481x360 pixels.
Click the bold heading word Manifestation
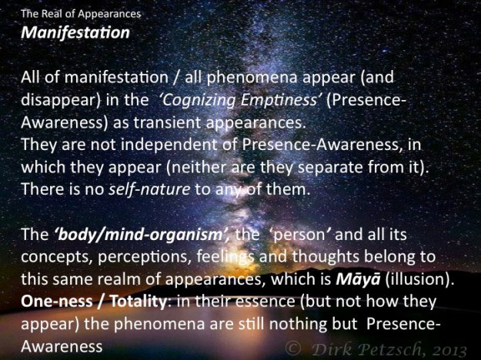pos(75,35)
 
